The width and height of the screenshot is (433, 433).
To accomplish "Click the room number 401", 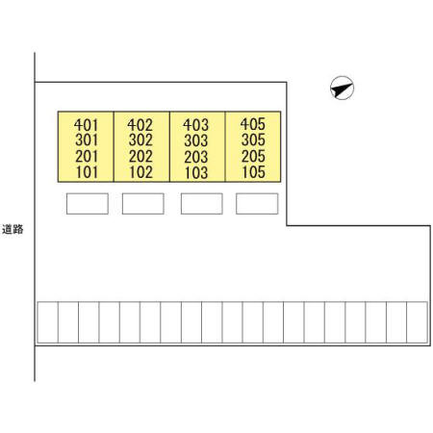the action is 86,125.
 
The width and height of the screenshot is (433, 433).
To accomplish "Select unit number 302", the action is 140,140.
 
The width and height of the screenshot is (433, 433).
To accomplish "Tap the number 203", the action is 196,157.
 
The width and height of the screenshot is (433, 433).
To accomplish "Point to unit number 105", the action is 253,172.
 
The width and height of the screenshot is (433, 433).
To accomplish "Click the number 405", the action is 253,124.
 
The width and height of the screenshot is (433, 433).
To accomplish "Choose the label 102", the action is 140,172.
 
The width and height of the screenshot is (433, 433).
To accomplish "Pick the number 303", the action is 196,140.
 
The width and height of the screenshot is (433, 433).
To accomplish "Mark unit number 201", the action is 87,157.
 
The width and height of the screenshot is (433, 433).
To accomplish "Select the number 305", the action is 253,140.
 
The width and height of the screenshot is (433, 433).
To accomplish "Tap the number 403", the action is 195,124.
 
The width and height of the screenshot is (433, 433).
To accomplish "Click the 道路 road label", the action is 13,229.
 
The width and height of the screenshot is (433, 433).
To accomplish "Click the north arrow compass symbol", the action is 343,88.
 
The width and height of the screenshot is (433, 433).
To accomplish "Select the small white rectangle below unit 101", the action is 88,203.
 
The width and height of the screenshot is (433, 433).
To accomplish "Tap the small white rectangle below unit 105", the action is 257,203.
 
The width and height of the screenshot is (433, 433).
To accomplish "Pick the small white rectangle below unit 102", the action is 143,203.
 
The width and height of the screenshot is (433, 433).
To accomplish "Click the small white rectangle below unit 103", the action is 202,203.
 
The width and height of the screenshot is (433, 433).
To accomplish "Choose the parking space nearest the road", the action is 48,322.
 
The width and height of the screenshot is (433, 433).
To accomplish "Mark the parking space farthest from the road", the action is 417,322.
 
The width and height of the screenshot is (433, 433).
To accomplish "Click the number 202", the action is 140,157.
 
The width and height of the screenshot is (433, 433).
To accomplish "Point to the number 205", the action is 253,156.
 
